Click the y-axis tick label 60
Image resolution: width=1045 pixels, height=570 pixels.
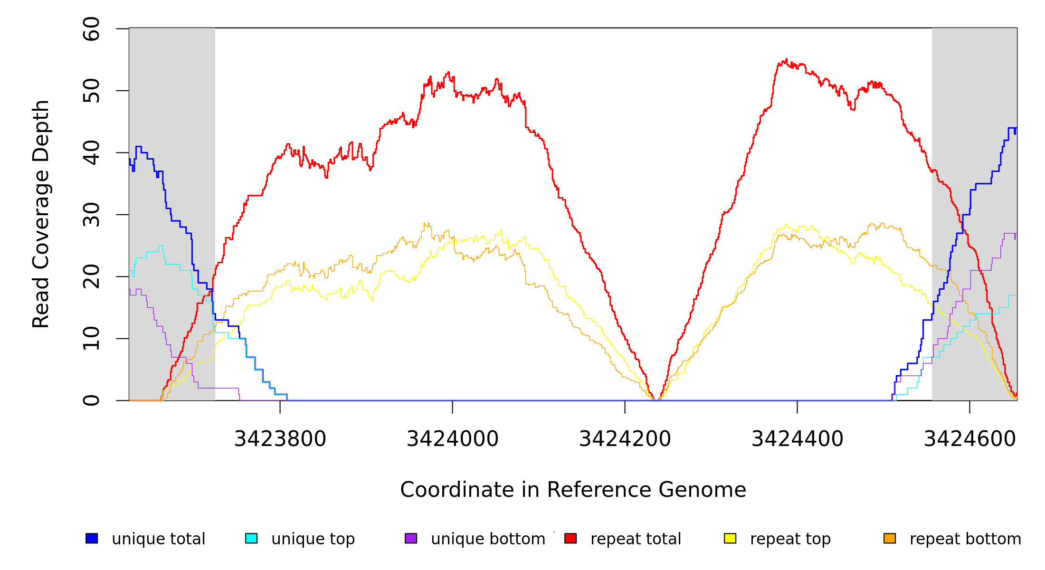point(91,29)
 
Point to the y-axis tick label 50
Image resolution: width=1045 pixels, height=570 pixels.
point(91,91)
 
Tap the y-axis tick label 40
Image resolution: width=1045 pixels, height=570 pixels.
point(91,153)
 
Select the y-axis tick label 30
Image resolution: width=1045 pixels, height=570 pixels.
point(91,215)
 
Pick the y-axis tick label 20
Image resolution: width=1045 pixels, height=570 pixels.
point(91,276)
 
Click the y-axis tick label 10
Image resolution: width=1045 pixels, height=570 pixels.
point(91,339)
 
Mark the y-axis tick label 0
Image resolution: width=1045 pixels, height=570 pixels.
point(91,400)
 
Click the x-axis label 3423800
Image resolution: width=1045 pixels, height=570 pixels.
point(280,439)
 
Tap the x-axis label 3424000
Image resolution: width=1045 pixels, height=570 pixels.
point(453,439)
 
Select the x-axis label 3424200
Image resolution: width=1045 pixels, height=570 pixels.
point(625,439)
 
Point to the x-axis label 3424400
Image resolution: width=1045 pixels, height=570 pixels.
point(798,439)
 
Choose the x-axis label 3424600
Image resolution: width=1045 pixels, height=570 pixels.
point(969,439)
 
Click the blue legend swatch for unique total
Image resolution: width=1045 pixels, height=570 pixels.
point(92,538)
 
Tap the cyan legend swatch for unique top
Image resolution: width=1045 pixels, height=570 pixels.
point(251,538)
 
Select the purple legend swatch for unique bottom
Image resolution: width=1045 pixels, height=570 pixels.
point(411,538)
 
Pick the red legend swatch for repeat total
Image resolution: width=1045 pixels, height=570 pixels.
point(570,538)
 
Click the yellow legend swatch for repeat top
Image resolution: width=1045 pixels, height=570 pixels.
point(730,538)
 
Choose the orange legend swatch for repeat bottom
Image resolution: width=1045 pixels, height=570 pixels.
point(890,538)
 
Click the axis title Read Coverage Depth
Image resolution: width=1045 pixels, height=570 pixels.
point(41,214)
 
